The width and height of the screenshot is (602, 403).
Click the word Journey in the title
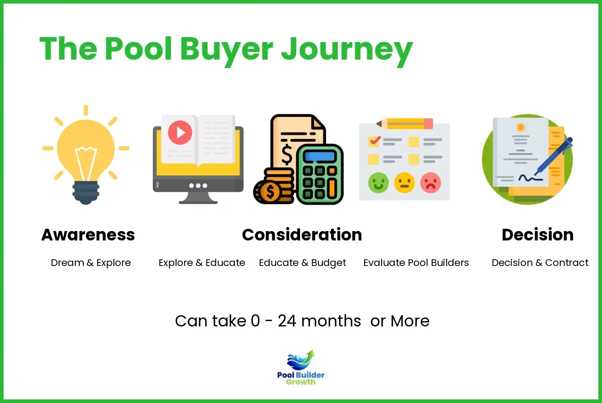[x=347, y=49]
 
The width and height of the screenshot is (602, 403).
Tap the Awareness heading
[x=88, y=235]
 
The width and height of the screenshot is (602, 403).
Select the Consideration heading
[x=302, y=235]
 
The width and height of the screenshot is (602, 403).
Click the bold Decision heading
[x=537, y=235]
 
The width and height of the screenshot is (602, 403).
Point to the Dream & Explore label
[x=91, y=263]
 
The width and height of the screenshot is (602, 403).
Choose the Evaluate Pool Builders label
[x=416, y=263]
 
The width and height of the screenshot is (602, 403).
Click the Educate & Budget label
[x=302, y=263]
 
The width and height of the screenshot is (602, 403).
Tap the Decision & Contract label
[x=540, y=263]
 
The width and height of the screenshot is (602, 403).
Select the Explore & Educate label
[x=202, y=263]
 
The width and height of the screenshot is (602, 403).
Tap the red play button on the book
[x=180, y=132]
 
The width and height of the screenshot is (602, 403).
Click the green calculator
[x=320, y=175]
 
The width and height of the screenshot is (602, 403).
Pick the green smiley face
[x=378, y=183]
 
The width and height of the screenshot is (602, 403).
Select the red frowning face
[x=431, y=183]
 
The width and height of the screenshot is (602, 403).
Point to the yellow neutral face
[x=404, y=183]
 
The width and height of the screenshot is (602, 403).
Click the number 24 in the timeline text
[x=287, y=321]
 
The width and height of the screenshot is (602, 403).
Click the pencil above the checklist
[x=405, y=123]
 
